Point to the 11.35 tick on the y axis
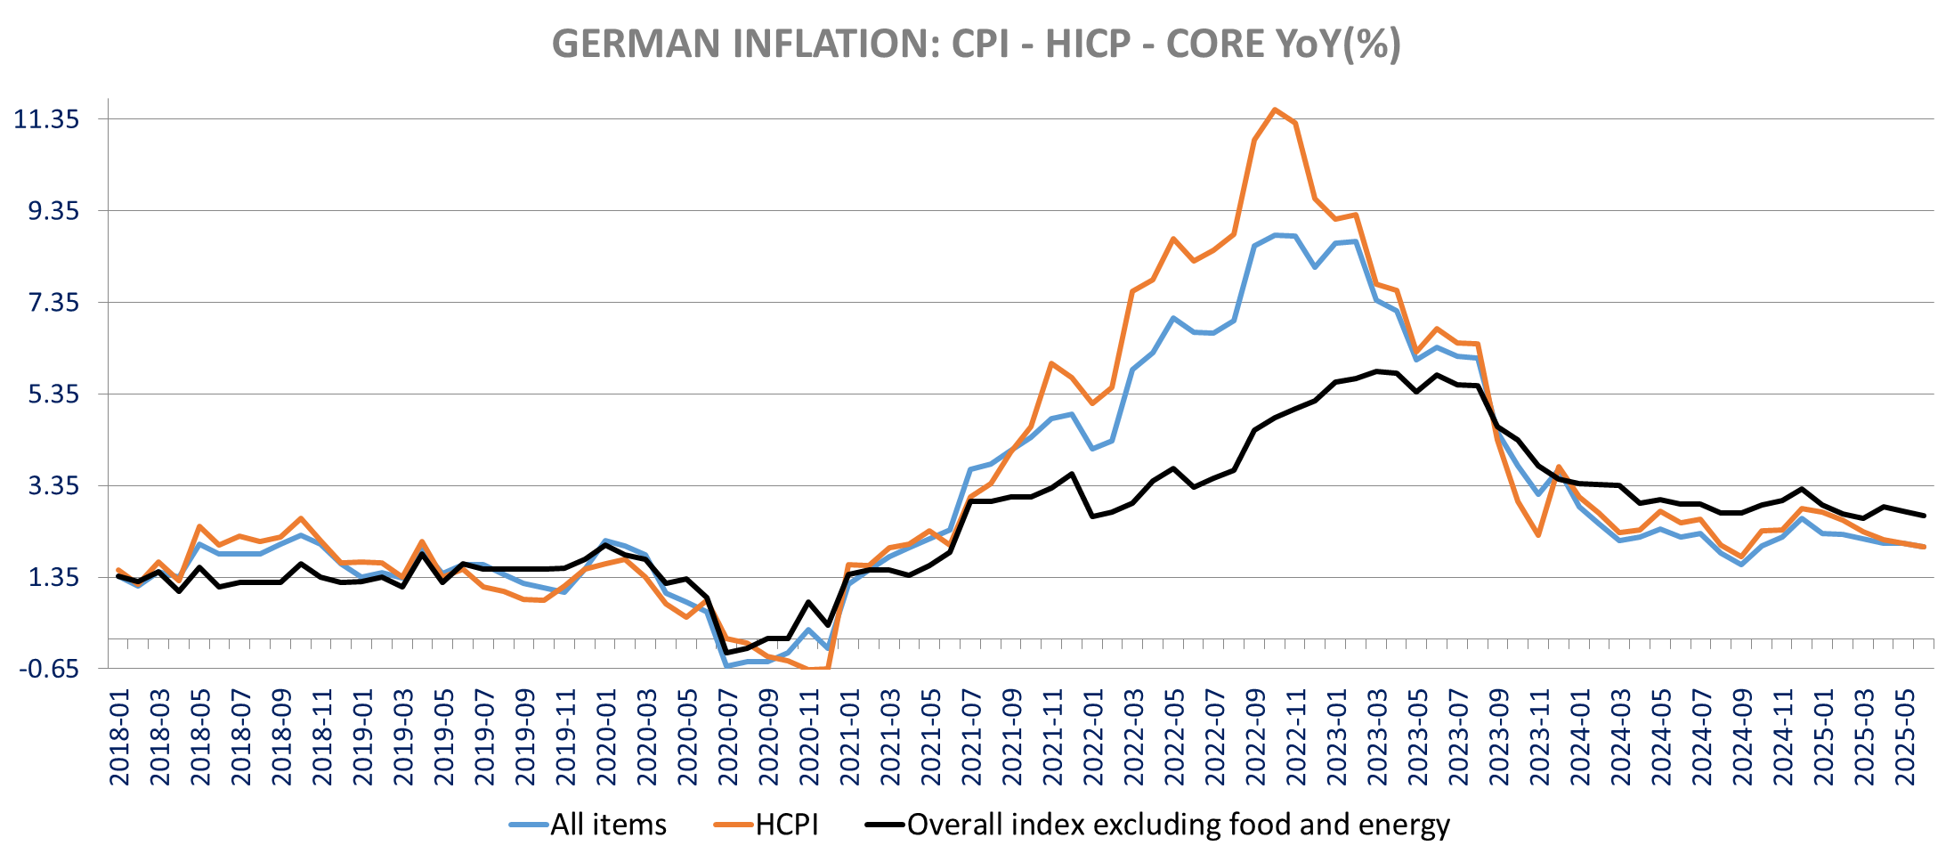[x=46, y=119]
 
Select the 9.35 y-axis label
[x=53, y=211]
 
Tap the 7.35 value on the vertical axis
[x=53, y=303]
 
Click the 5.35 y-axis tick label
[x=53, y=394]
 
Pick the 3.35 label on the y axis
[x=53, y=486]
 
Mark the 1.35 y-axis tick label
[x=53, y=578]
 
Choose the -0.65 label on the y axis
[x=49, y=669]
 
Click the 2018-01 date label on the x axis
[x=119, y=737]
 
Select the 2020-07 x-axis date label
[x=728, y=737]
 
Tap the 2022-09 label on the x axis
[x=1255, y=737]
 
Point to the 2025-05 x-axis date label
[x=1905, y=737]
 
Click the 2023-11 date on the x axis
[x=1540, y=737]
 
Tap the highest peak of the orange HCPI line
[x=1275, y=110]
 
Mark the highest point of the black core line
[x=1376, y=371]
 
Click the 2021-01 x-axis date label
[x=850, y=737]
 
